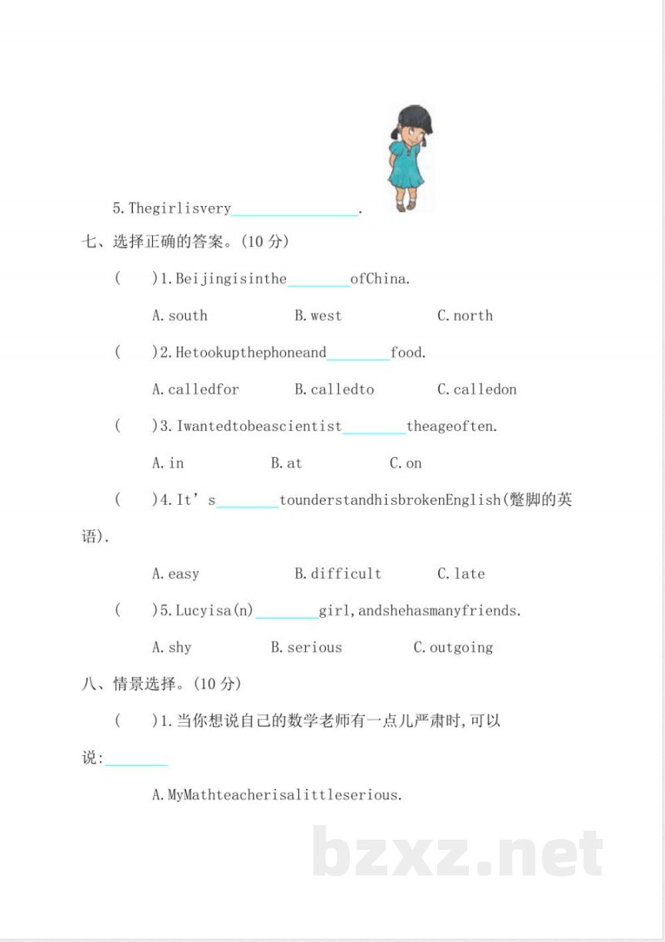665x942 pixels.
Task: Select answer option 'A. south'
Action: click(x=180, y=316)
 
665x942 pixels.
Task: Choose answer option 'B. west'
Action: click(x=318, y=316)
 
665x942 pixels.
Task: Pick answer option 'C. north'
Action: click(x=465, y=316)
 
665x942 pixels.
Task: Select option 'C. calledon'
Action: click(x=476, y=390)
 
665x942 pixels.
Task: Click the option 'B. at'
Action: click(x=286, y=464)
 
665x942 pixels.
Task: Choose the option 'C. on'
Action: click(x=406, y=464)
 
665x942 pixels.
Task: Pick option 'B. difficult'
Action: click(x=338, y=574)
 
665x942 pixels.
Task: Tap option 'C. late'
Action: click(x=461, y=574)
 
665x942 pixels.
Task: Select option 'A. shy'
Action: click(x=172, y=648)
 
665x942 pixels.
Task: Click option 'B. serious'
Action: click(x=306, y=648)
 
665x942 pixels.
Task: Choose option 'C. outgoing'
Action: click(x=453, y=648)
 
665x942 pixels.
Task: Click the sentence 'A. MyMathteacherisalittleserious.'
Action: click(x=277, y=795)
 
